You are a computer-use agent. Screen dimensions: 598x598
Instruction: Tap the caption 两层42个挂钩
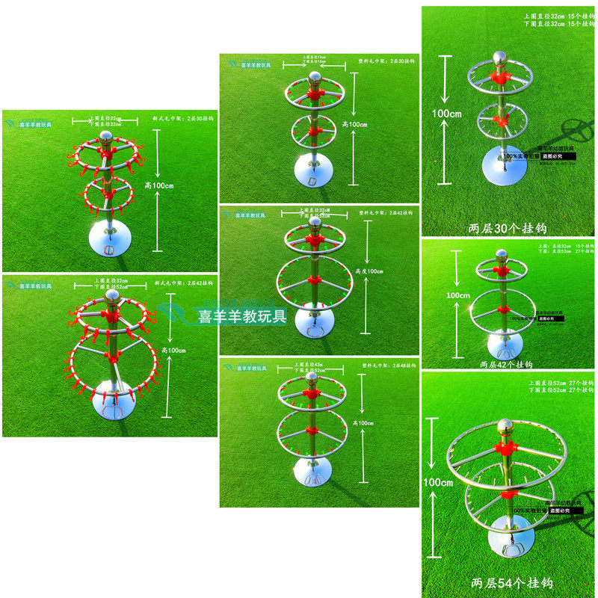point(505,364)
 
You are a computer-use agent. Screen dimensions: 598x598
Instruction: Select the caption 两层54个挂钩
point(507,582)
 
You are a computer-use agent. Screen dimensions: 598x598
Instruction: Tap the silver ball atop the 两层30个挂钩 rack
point(499,59)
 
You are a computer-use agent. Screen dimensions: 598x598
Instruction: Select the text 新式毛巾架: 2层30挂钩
point(182,118)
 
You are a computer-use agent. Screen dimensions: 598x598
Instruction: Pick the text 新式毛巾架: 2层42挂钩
point(183,284)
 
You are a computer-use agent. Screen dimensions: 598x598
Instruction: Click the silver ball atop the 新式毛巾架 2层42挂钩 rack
point(111,298)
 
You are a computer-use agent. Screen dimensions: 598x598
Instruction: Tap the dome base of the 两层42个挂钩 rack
point(505,344)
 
